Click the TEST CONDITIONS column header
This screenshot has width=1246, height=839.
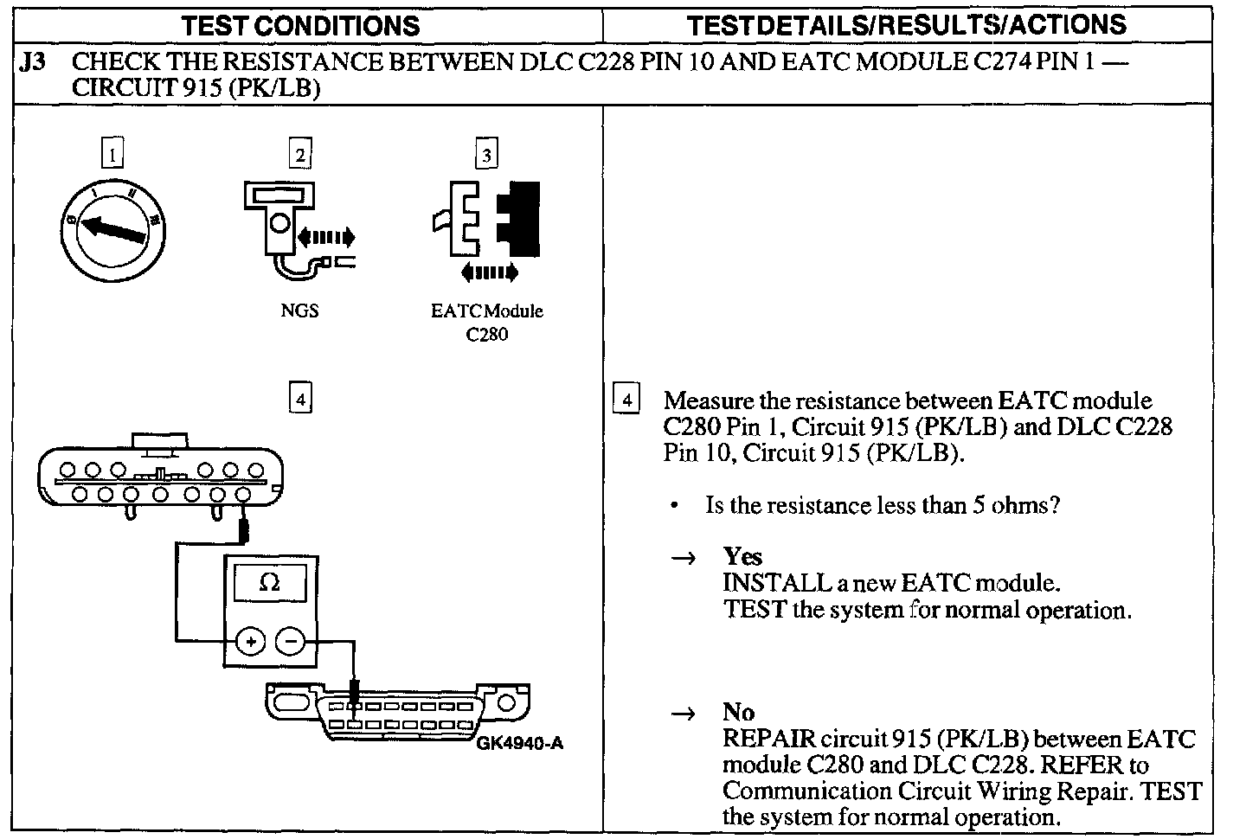click(x=300, y=25)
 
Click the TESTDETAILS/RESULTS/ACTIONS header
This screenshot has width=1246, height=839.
click(x=906, y=24)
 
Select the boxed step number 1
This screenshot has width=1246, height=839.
click(x=112, y=155)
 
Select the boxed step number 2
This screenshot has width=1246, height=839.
click(x=299, y=155)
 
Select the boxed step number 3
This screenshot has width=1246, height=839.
click(x=486, y=155)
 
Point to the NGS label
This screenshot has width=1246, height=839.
click(x=299, y=311)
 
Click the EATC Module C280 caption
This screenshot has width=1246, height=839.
click(x=486, y=323)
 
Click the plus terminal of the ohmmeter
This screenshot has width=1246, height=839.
click(x=251, y=642)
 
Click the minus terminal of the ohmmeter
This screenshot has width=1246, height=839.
click(x=290, y=642)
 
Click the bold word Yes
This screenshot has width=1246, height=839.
click(x=742, y=556)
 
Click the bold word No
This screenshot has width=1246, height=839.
click(x=738, y=712)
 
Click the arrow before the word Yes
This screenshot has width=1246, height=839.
click(x=684, y=558)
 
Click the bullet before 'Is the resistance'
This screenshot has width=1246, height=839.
click(x=674, y=505)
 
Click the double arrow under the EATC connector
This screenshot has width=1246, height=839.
click(x=490, y=272)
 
